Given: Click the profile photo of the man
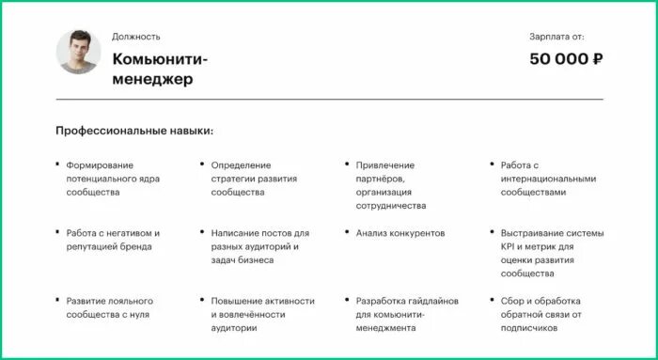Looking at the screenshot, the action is click(x=79, y=53).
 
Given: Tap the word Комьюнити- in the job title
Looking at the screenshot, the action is click(x=160, y=59).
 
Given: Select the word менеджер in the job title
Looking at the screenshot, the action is click(x=152, y=80).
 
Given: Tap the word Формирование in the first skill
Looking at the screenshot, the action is click(x=100, y=165).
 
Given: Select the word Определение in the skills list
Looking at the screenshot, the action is click(x=241, y=165).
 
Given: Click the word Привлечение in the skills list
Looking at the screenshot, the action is click(x=384, y=165).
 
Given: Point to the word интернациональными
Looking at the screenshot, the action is click(x=548, y=179).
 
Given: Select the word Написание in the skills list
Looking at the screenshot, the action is click(x=235, y=233).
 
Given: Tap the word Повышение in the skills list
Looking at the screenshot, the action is click(x=238, y=301).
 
